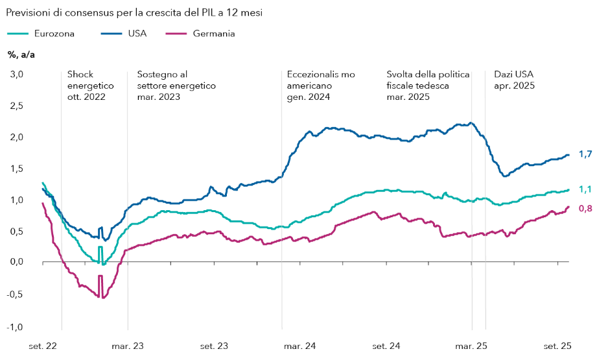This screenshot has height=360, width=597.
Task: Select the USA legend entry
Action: [x=137, y=33]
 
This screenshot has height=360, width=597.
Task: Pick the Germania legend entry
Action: [x=213, y=33]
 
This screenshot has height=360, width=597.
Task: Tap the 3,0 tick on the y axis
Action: [x=16, y=75]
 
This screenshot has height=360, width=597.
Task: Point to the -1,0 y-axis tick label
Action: [x=14, y=326]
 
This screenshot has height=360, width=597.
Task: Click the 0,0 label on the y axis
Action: [x=16, y=262]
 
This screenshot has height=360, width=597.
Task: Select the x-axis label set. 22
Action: [x=43, y=346]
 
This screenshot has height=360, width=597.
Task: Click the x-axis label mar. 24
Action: [x=300, y=346]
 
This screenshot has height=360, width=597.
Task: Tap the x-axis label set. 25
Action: [x=558, y=346]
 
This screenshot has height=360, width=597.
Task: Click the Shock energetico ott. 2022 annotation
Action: [x=90, y=86]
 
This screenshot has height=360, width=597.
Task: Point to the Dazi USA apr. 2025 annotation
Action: [x=514, y=80]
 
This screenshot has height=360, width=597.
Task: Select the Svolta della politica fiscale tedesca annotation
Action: [x=428, y=86]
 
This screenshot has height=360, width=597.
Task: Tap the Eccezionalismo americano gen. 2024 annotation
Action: [x=321, y=86]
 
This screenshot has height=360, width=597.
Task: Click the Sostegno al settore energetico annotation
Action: [x=176, y=86]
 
